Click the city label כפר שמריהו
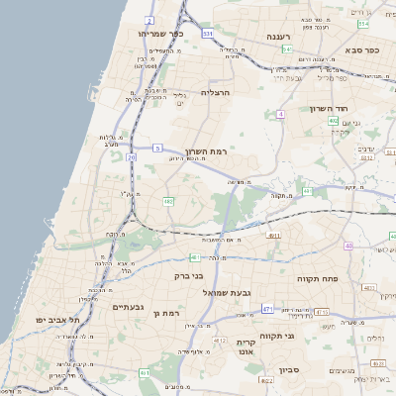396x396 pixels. click(162, 34)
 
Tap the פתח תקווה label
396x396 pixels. click(318, 279)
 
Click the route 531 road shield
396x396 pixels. click(208, 34)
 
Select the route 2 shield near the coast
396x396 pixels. click(148, 20)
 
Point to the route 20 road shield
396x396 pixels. click(131, 157)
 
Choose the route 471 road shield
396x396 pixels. click(267, 310)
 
